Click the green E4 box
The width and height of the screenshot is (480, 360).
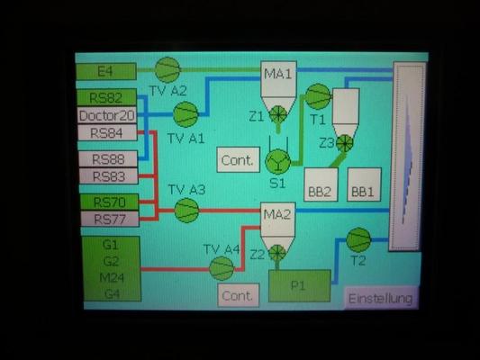(106, 72)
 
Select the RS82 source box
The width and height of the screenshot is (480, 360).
(106, 97)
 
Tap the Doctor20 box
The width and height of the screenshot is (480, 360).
(107, 115)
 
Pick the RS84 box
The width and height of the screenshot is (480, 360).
(107, 132)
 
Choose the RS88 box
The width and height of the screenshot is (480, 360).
(108, 159)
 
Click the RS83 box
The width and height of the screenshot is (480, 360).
(109, 176)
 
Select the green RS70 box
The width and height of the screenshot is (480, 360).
(109, 202)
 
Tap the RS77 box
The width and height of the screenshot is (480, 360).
(110, 219)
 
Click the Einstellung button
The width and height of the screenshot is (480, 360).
(381, 298)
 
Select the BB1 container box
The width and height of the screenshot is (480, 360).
(364, 184)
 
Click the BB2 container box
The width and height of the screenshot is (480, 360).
(321, 184)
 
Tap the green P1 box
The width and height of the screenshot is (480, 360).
(300, 285)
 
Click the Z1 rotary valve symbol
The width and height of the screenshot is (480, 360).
(278, 114)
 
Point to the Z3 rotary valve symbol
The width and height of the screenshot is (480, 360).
(345, 143)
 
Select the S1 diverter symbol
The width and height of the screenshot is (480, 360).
(278, 161)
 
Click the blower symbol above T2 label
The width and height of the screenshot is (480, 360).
(358, 239)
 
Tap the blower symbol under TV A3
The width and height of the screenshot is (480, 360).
(186, 211)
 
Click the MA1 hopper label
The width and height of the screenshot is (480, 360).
(278, 74)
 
